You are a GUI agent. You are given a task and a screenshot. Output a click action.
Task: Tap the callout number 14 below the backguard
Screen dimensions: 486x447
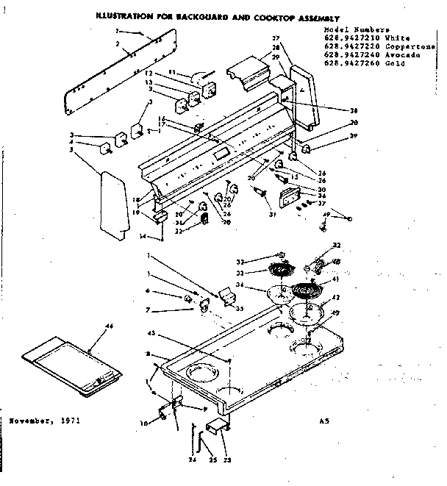(x=143, y=236)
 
